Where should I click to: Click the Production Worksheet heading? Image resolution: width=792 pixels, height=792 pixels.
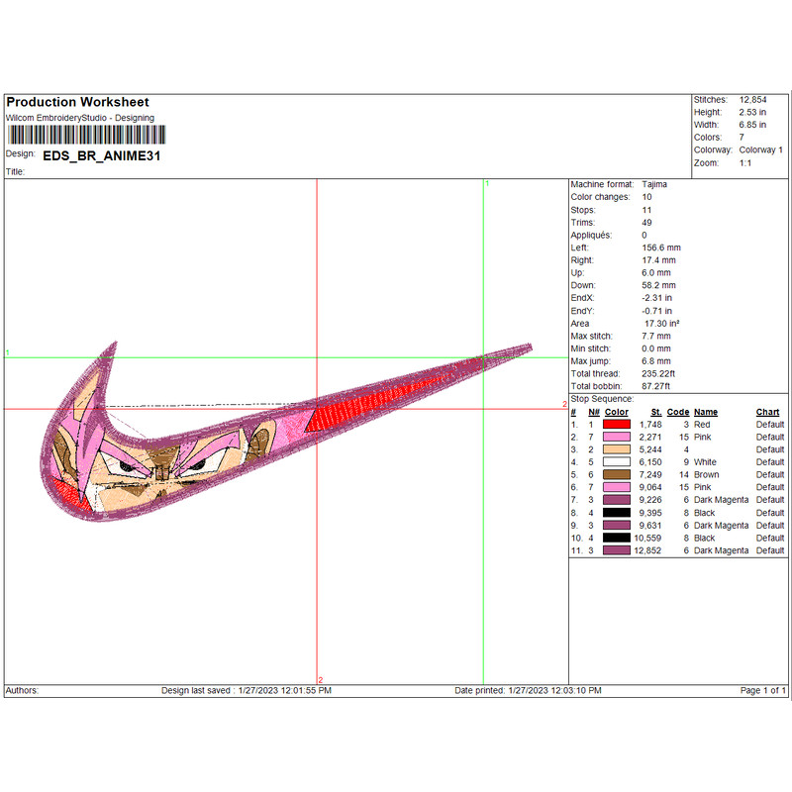point(77,102)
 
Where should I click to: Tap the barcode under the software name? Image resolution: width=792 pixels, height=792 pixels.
point(86,135)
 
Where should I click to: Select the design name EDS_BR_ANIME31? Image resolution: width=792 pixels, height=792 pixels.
point(102,155)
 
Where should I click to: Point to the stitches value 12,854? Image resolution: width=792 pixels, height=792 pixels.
point(752,100)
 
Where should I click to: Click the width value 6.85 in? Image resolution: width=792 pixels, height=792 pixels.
point(752,125)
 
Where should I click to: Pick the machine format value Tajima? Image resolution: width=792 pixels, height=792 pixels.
point(654,184)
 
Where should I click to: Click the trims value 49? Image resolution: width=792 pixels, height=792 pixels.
point(646,222)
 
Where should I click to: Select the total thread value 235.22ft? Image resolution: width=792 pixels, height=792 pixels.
point(658,374)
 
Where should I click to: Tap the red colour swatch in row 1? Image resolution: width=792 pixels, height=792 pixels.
point(616,425)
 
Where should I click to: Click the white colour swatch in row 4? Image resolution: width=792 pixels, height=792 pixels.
point(616,461)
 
